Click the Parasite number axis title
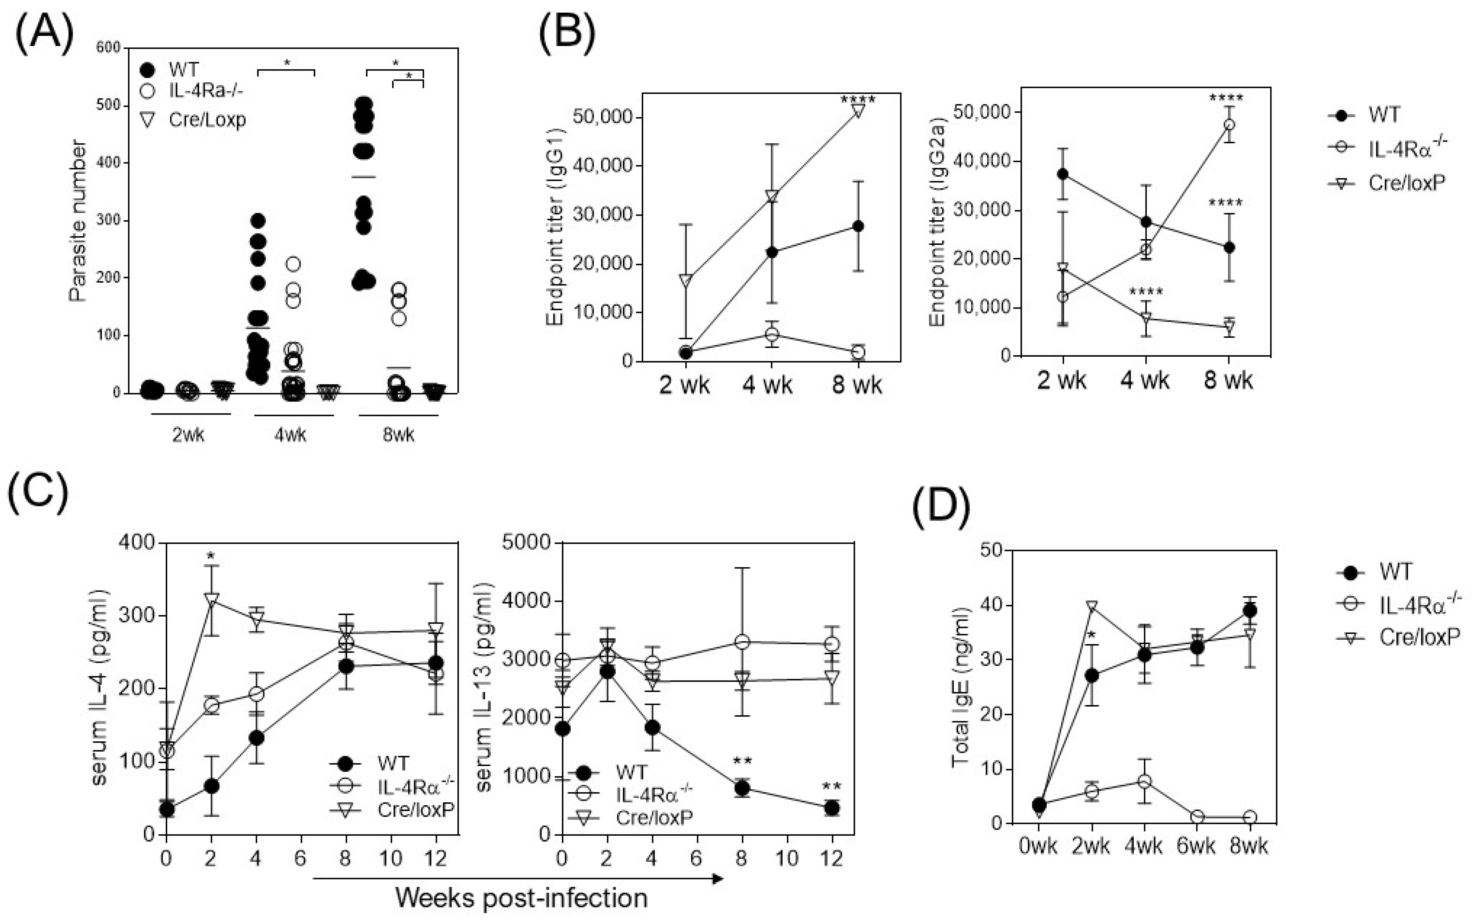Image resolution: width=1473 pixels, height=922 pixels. coord(78,221)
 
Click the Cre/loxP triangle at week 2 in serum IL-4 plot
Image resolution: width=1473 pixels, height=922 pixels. coord(211,600)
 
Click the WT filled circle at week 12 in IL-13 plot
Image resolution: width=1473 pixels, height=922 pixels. coord(832,808)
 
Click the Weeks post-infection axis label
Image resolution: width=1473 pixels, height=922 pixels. coord(521,898)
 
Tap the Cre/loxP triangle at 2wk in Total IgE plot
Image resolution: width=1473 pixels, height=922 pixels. coord(1091,607)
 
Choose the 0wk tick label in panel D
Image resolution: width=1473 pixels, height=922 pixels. coord(1038,847)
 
